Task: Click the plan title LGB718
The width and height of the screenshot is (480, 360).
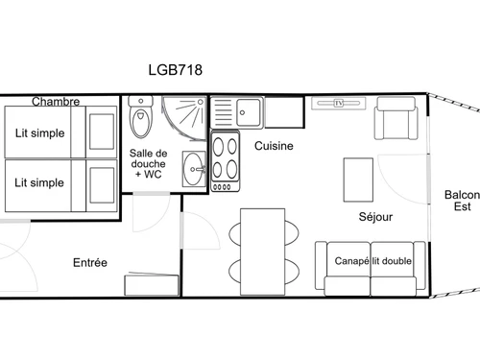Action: point(175,69)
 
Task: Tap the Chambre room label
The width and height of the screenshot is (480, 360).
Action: point(55,101)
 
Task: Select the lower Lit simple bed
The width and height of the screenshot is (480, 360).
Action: point(58,182)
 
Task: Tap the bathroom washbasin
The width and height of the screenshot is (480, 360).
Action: point(194,169)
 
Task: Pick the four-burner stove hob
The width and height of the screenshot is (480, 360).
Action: point(226,158)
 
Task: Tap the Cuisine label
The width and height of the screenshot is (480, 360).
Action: point(274,146)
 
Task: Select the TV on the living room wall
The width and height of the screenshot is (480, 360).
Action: point(339,103)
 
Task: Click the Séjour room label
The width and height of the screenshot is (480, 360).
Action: point(375,216)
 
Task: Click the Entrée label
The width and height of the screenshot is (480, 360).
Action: point(90,262)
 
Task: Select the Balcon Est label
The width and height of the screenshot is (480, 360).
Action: point(462,201)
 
